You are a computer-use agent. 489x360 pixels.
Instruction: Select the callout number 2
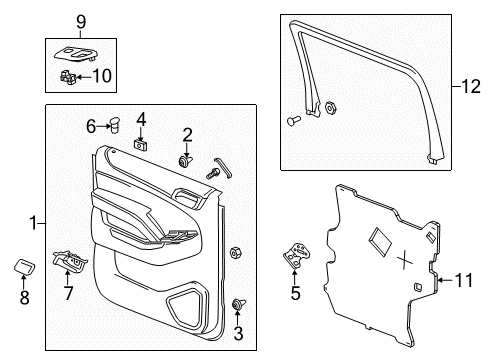point(187,134)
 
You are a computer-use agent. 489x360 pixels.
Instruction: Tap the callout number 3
point(238,333)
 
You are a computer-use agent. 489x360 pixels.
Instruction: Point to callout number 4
point(141,119)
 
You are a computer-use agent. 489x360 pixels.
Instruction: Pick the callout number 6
point(90,126)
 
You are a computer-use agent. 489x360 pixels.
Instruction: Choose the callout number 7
point(68,293)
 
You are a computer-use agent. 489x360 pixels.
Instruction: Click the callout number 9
point(81,20)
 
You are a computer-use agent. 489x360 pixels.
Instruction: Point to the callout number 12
point(470,88)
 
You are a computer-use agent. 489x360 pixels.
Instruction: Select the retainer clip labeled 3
point(238,306)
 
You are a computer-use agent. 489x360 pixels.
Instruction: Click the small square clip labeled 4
point(140,143)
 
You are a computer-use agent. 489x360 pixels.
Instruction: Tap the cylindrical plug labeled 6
point(113,126)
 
